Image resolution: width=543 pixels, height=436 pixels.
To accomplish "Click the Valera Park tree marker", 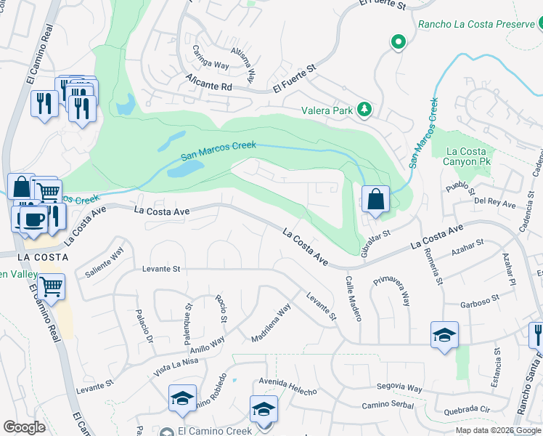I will pos(364,110).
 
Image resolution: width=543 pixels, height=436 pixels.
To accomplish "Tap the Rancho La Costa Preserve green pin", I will pos(398,42).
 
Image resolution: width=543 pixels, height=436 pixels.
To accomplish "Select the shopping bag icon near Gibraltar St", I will pos(375,199).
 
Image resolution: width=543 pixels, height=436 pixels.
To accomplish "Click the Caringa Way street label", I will pos(211,58).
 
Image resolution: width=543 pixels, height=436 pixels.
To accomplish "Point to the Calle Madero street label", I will pos(353,298).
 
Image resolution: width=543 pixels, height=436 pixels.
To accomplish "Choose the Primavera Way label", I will pos(391,290).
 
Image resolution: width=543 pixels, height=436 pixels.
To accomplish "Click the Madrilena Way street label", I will pos(271,323).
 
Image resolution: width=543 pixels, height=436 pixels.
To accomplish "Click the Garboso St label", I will pos(480,299).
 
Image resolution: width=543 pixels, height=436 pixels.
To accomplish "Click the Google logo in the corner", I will pos(24,427).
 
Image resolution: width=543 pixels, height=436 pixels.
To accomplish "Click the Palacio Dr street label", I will pos(144,328).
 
